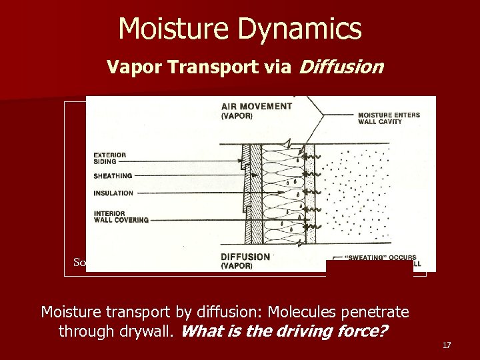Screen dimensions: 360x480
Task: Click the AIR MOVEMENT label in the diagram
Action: click(x=256, y=106)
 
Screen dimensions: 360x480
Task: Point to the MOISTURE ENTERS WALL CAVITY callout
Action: click(x=389, y=118)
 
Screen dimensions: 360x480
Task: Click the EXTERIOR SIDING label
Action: click(x=110, y=159)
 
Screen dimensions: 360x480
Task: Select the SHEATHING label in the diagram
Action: click(x=113, y=176)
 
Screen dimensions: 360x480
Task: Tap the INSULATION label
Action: click(x=113, y=193)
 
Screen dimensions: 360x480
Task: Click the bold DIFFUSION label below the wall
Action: click(x=245, y=257)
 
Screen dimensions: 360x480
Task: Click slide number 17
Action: click(x=447, y=345)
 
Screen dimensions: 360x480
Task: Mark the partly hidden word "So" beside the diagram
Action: click(x=79, y=262)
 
